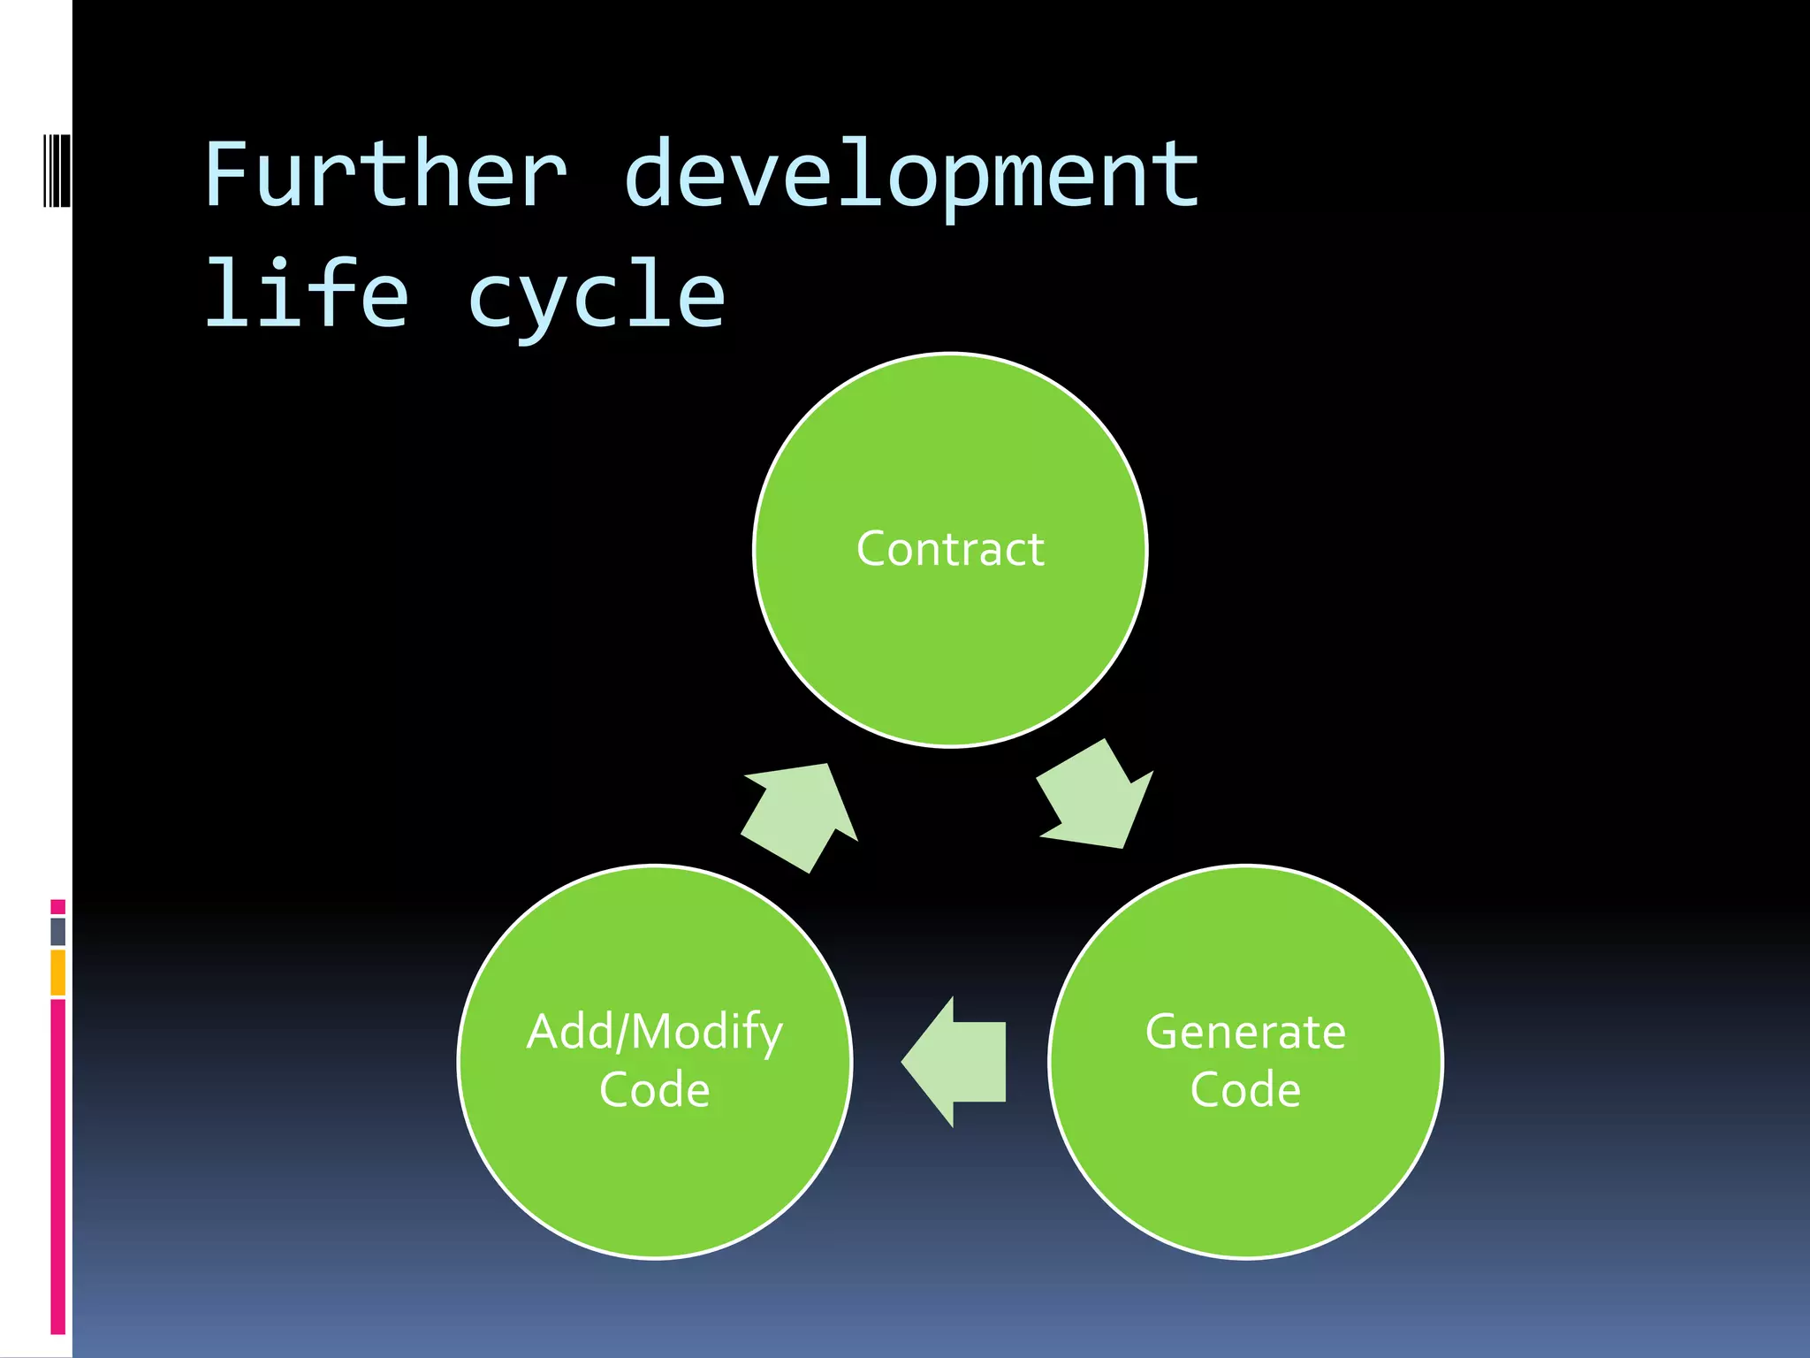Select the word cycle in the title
pyautogui.click(x=597, y=296)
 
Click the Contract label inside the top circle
pyautogui.click(x=950, y=549)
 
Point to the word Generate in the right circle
pyautogui.click(x=1245, y=1032)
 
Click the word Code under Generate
pyautogui.click(x=1245, y=1089)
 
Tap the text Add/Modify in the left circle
pyautogui.click(x=654, y=1032)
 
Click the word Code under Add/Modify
pyautogui.click(x=654, y=1089)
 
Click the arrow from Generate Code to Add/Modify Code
pyautogui.click(x=954, y=1062)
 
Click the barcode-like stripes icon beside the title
pyautogui.click(x=57, y=171)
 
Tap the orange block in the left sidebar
pyautogui.click(x=57, y=973)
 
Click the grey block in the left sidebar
pyautogui.click(x=57, y=931)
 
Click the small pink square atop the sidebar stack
pyautogui.click(x=57, y=907)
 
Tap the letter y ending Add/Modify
pyautogui.click(x=771, y=1036)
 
